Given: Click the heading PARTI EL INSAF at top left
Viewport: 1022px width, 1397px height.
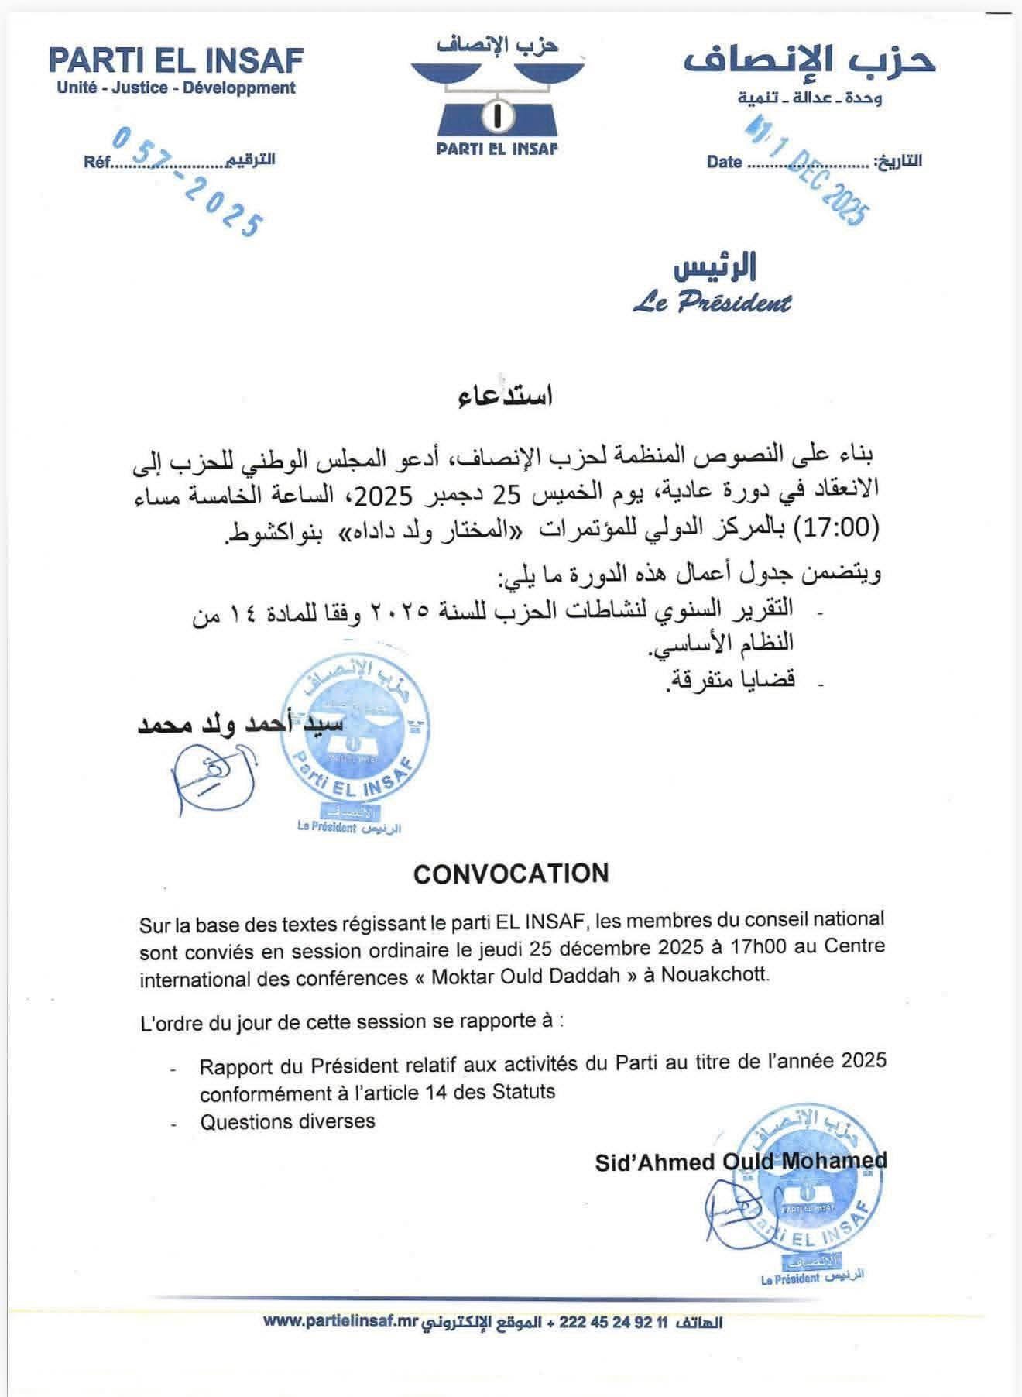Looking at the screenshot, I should [x=176, y=60].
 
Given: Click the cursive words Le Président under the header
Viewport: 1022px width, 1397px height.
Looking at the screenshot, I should [x=712, y=303].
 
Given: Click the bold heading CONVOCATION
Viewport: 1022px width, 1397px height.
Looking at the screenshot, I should [x=511, y=874].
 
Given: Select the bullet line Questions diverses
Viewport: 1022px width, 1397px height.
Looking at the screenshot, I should [x=287, y=1121].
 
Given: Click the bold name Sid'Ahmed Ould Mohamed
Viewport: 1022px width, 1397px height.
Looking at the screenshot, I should [x=741, y=1161].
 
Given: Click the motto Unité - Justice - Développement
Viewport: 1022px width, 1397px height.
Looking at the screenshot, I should [x=176, y=88].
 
